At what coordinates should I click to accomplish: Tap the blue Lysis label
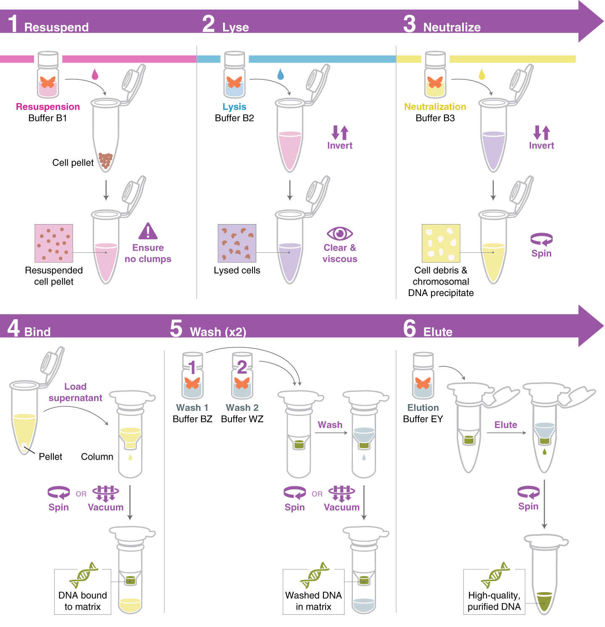click(234, 107)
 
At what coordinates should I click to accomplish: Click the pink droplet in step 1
click(95, 74)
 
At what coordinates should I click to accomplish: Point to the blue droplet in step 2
click(281, 74)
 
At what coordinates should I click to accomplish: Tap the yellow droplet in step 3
click(482, 74)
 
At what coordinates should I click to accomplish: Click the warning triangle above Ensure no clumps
click(148, 231)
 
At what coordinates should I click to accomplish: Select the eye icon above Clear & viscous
click(339, 233)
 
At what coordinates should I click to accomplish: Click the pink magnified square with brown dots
click(54, 243)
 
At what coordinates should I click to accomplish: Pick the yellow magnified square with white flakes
click(441, 243)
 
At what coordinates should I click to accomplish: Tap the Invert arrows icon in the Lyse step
click(340, 132)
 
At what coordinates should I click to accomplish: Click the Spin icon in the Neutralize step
click(541, 239)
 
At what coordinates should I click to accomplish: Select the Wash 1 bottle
click(192, 376)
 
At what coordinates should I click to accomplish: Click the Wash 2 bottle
click(242, 376)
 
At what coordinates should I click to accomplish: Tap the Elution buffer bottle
click(423, 376)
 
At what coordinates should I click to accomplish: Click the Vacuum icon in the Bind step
click(105, 493)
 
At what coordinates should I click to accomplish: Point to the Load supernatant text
click(75, 392)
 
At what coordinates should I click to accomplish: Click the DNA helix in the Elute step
click(495, 575)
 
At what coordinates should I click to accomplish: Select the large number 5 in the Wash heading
click(176, 328)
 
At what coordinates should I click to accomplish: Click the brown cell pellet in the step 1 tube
click(105, 160)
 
